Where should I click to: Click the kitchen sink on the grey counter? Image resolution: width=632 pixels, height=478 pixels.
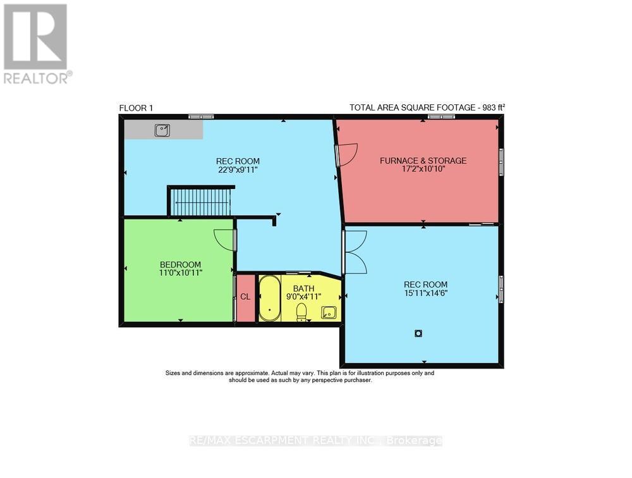click(x=163, y=130)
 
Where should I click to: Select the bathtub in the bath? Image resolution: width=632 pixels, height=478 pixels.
click(x=270, y=298)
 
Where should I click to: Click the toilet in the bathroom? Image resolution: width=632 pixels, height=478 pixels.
click(x=302, y=312)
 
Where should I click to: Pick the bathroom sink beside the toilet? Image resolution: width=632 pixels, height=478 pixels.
click(x=329, y=312)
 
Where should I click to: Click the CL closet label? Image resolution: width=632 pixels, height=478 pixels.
click(x=245, y=297)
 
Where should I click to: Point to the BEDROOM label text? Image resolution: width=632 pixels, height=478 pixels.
click(x=180, y=264)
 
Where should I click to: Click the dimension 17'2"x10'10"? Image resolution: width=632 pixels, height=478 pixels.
click(x=423, y=169)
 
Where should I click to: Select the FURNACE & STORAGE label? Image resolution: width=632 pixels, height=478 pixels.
click(x=423, y=161)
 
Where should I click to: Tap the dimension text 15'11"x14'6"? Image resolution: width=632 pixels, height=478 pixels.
click(x=422, y=293)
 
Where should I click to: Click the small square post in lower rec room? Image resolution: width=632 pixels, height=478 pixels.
click(x=418, y=333)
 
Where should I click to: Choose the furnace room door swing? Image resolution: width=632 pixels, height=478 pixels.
click(x=346, y=154)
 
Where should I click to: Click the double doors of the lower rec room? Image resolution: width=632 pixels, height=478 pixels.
click(x=355, y=252)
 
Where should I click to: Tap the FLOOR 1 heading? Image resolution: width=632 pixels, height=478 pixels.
click(x=137, y=108)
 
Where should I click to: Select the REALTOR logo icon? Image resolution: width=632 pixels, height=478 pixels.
click(x=35, y=37)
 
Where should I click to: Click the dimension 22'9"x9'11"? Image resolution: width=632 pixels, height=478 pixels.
click(x=238, y=169)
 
